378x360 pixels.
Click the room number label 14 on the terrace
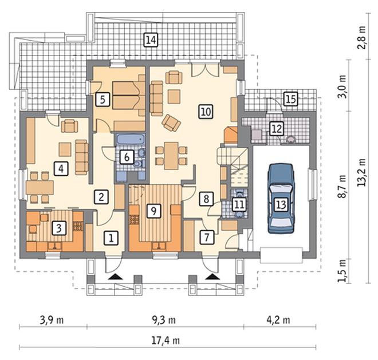click(151, 39)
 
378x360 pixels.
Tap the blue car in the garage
click(281, 199)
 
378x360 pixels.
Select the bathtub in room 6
click(131, 140)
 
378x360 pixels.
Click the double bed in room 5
click(129, 95)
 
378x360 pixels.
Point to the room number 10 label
click(206, 112)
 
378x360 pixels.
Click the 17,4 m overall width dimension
click(166, 341)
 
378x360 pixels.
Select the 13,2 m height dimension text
click(361, 172)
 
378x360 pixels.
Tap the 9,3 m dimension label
click(164, 320)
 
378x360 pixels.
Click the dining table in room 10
click(171, 156)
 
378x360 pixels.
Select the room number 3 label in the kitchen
click(59, 228)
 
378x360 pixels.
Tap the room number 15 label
click(290, 99)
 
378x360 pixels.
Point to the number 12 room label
click(277, 128)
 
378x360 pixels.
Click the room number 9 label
click(153, 211)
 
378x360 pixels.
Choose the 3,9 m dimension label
click(52, 320)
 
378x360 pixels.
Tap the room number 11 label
click(239, 204)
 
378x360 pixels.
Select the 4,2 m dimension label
click(278, 320)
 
